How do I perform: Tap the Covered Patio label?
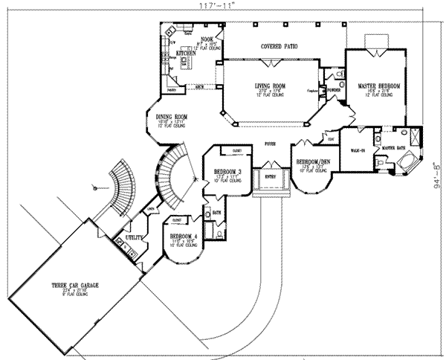[279, 47]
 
